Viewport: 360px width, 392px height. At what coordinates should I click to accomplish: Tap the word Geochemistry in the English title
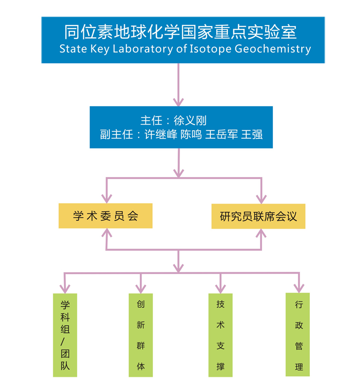[273, 49]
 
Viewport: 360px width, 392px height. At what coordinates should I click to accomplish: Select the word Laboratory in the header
[143, 49]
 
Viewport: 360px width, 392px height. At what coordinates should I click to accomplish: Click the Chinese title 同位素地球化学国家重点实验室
[180, 32]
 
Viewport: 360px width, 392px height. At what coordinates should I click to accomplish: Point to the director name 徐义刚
[190, 121]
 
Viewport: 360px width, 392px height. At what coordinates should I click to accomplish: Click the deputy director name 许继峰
[161, 134]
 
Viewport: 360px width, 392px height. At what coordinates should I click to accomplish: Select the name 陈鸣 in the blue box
[191, 134]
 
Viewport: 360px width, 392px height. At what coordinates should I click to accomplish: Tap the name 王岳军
[221, 134]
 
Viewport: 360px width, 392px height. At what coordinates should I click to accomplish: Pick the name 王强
[252, 134]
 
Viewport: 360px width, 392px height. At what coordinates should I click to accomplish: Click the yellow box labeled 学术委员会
[105, 216]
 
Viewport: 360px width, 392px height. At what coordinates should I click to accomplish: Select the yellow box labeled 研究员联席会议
[259, 216]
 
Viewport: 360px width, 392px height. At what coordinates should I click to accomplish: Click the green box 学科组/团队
[65, 335]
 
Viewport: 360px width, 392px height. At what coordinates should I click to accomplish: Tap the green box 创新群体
[141, 335]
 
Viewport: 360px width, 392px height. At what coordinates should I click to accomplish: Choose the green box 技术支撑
[220, 335]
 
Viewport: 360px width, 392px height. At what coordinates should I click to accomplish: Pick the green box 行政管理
[297, 335]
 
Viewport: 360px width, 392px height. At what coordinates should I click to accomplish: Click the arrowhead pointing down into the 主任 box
[179, 102]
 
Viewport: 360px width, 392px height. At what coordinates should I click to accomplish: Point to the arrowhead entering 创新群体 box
[141, 289]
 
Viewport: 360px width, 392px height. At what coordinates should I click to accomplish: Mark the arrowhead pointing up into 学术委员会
[107, 232]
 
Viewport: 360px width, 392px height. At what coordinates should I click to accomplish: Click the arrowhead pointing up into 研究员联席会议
[261, 233]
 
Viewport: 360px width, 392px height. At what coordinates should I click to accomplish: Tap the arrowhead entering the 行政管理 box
[299, 288]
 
